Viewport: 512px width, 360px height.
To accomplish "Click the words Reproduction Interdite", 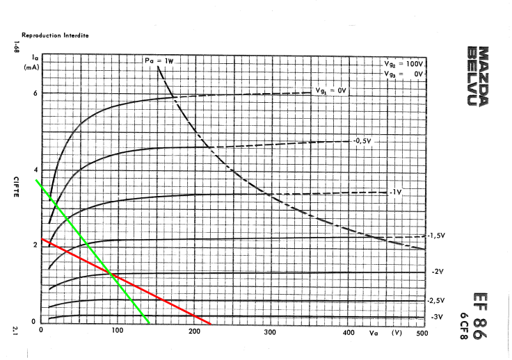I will [55, 35].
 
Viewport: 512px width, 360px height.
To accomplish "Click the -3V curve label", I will [436, 317].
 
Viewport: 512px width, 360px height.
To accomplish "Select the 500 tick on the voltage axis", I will [420, 332].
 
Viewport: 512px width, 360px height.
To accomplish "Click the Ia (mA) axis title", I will [31, 63].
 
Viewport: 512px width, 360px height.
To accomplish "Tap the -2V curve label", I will [438, 271].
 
